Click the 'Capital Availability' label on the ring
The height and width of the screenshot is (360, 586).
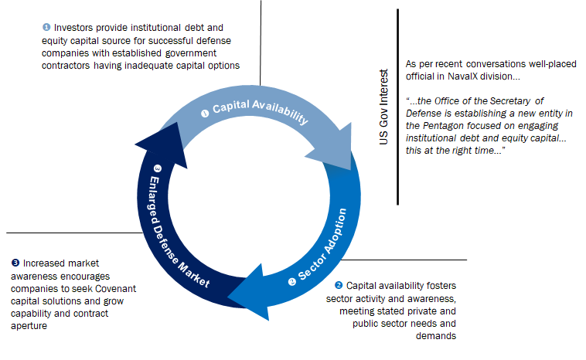coord(261,110)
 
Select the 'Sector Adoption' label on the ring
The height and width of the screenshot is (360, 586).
coord(322,245)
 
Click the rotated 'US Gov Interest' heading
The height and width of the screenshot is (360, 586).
coord(383,107)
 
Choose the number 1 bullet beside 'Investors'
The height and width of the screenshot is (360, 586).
coord(46,27)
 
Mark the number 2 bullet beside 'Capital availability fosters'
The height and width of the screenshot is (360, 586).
coord(339,285)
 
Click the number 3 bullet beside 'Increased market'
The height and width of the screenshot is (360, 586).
coord(15,263)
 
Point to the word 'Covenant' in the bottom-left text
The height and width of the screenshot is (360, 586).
coord(115,289)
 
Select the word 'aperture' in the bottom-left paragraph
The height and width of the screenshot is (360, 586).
coord(29,326)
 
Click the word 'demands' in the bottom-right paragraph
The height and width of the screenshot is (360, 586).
coord(436,336)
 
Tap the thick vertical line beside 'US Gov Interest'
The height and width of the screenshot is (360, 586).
coord(397,107)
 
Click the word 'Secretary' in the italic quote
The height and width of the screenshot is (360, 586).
coord(509,101)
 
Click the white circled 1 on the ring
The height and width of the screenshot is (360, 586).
coord(205,113)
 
